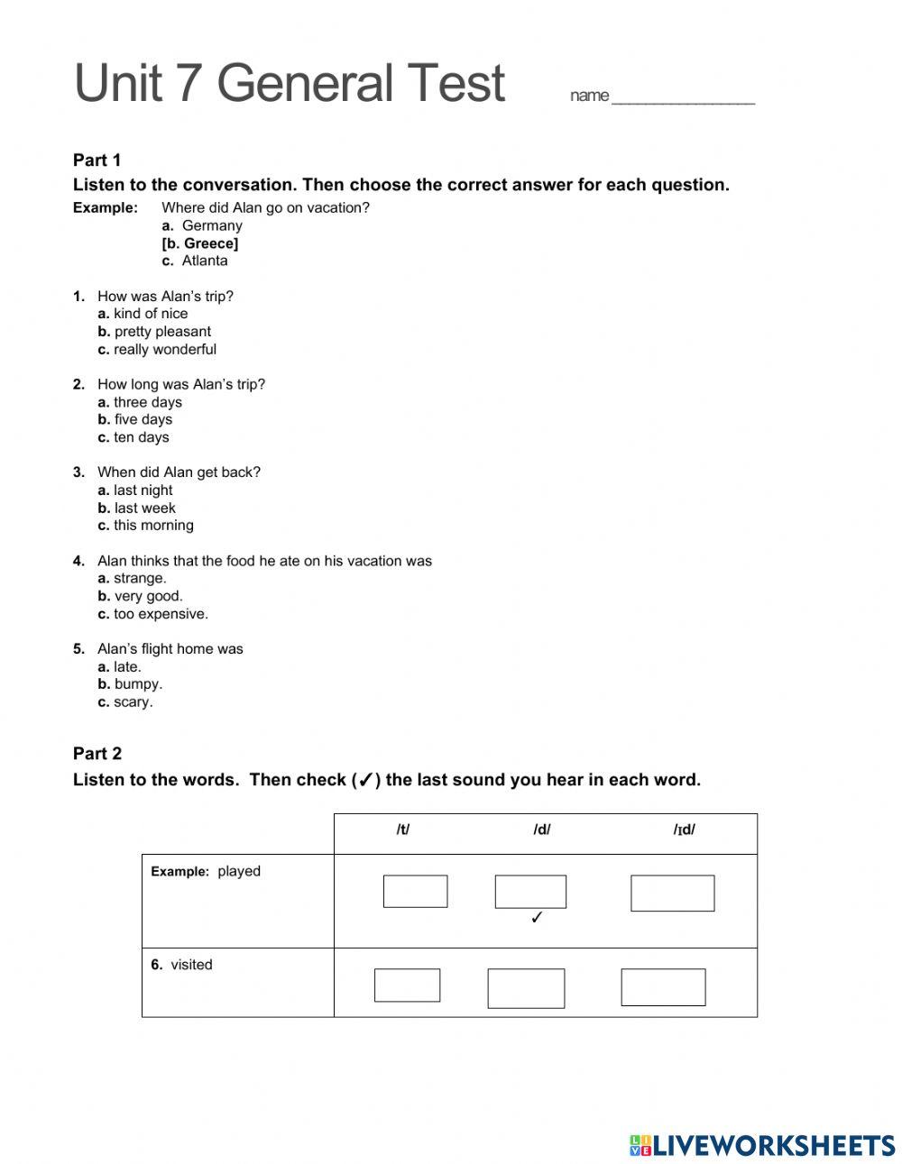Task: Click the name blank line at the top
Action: click(x=683, y=99)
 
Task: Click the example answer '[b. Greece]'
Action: click(x=200, y=243)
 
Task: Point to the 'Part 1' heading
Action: click(x=97, y=160)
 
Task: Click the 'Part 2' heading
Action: click(x=97, y=754)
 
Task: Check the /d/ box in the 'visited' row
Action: click(x=526, y=988)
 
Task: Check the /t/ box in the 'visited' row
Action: click(x=407, y=985)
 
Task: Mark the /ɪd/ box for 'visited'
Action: click(x=663, y=987)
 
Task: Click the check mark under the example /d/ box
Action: click(x=537, y=919)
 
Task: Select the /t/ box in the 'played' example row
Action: click(x=415, y=892)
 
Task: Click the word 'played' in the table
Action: click(x=239, y=872)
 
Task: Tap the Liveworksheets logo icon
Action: click(x=640, y=1146)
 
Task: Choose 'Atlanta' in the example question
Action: click(x=205, y=261)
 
